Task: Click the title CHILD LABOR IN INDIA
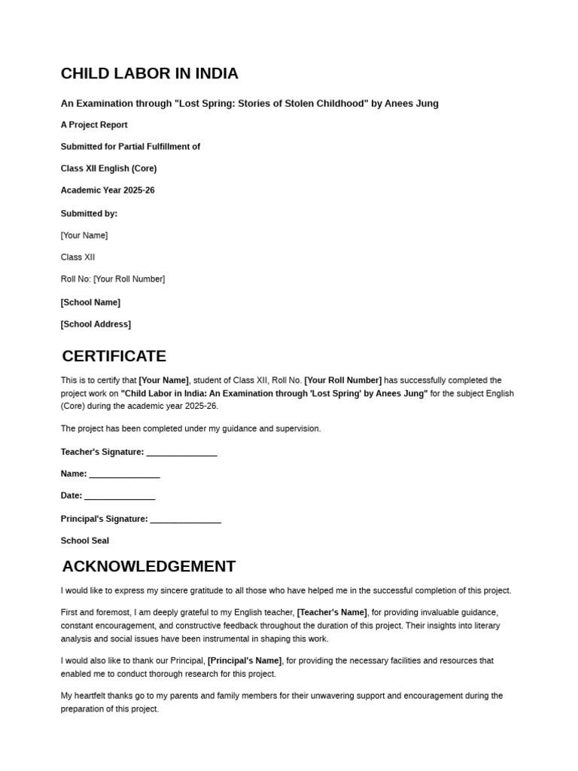pyautogui.click(x=149, y=74)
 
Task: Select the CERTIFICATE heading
pyautogui.click(x=114, y=356)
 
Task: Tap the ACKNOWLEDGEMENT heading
pyautogui.click(x=148, y=566)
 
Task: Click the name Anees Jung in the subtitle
pyautogui.click(x=412, y=103)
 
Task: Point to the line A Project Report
pyautogui.click(x=94, y=125)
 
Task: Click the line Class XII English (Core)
pyautogui.click(x=108, y=169)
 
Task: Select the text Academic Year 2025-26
pyautogui.click(x=108, y=190)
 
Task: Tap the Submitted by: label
pyautogui.click(x=89, y=214)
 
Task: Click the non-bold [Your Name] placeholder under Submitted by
pyautogui.click(x=84, y=236)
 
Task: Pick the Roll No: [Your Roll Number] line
pyautogui.click(x=113, y=279)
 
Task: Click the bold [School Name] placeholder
pyautogui.click(x=90, y=303)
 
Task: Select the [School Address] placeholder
pyautogui.click(x=96, y=325)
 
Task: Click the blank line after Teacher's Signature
pyautogui.click(x=181, y=453)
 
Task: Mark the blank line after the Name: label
pyautogui.click(x=124, y=475)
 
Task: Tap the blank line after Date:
pyautogui.click(x=120, y=497)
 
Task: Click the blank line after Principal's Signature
pyautogui.click(x=186, y=520)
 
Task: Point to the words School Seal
pyautogui.click(x=85, y=541)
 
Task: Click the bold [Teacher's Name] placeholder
pyautogui.click(x=332, y=612)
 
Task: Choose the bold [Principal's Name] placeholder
pyautogui.click(x=245, y=660)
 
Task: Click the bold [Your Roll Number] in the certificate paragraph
pyautogui.click(x=342, y=380)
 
